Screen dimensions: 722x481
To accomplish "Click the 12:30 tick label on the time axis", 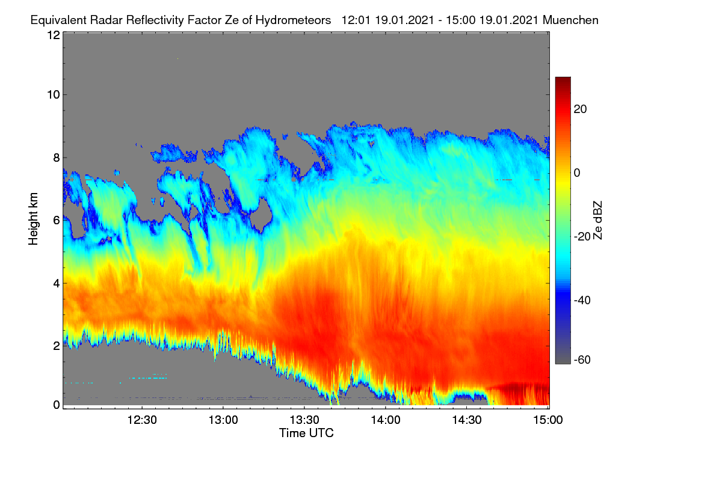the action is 142,420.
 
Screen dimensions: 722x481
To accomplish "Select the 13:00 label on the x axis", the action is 223,420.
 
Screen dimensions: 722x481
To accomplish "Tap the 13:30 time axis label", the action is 304,420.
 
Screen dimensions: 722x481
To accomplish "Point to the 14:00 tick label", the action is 386,420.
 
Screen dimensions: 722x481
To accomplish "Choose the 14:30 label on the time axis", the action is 467,420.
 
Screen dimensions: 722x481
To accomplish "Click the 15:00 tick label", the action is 548,420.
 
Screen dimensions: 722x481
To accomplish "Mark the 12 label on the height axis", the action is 54,35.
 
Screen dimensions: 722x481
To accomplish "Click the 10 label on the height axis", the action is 54,95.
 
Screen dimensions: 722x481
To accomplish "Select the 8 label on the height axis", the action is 57,158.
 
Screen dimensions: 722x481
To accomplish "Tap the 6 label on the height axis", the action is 57,221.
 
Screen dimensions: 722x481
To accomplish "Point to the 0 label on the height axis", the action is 57,405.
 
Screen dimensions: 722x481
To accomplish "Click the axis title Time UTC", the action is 306,433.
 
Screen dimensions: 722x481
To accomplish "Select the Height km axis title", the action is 33,219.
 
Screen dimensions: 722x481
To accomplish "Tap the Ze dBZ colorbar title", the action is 597,221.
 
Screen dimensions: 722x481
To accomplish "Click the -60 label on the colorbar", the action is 582,360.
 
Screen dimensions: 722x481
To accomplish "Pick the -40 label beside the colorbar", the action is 582,300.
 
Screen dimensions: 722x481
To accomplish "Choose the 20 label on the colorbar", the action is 580,109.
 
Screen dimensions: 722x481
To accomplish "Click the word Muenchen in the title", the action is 570,20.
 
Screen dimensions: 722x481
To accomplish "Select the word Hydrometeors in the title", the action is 293,20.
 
